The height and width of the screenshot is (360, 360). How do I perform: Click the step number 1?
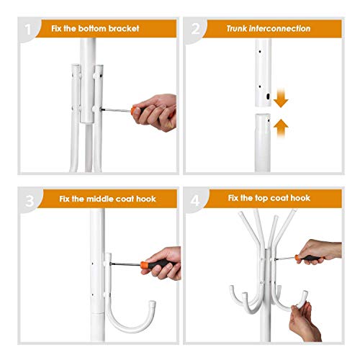point(28,30)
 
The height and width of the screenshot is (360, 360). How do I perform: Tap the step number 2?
point(195,29)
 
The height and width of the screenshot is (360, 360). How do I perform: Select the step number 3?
point(30,201)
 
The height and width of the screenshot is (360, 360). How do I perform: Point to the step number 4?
point(195,200)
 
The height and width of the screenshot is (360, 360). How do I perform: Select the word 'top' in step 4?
point(261,198)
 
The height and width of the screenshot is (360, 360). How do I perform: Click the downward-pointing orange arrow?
point(281,98)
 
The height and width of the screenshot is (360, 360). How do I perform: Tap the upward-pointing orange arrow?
point(281,128)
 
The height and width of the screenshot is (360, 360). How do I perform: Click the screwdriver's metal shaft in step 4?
point(285,258)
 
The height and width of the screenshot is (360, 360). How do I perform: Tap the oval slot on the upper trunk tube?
point(268,96)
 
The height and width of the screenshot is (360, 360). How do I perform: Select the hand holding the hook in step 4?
point(305,322)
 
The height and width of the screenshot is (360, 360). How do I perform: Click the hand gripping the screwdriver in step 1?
point(156,112)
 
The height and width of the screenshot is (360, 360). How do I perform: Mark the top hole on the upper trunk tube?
point(260,51)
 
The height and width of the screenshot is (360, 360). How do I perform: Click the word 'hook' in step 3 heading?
point(146,199)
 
